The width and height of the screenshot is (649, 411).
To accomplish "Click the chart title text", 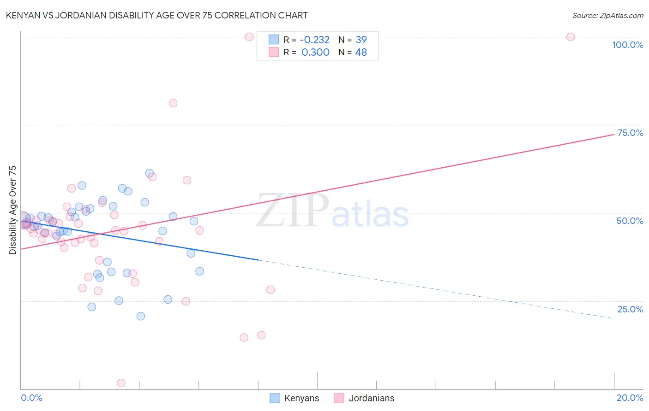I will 156,15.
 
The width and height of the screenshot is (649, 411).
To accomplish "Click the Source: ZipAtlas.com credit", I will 607,16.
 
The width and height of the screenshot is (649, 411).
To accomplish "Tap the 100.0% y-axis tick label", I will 627,45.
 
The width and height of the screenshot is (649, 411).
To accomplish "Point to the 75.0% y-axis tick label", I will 630,133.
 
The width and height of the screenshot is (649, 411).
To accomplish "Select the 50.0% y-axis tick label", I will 630,221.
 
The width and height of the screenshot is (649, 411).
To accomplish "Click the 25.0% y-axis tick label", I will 630,309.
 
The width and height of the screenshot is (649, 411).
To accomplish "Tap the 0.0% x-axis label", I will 31,398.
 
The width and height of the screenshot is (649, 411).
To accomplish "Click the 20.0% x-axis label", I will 630,398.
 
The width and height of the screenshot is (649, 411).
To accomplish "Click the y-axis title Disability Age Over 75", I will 13,210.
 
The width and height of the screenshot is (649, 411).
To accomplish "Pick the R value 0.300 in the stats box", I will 315,53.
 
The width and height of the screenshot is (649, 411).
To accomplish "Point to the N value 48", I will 361,53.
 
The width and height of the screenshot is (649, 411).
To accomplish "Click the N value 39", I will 361,40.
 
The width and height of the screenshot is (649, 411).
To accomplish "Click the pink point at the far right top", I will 571,37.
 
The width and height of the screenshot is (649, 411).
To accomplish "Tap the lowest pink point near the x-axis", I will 121,383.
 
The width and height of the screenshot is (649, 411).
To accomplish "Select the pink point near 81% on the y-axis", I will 173,103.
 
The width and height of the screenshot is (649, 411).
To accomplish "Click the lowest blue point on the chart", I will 141,316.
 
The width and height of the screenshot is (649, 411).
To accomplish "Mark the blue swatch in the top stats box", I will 274,40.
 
